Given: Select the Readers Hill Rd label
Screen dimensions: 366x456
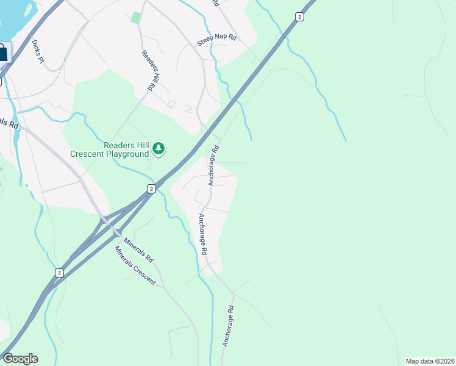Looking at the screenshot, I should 150,71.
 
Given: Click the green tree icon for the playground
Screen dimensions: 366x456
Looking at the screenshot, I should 159,148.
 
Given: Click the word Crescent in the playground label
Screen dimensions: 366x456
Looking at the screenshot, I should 87,154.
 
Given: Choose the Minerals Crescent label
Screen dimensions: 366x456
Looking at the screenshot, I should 135,266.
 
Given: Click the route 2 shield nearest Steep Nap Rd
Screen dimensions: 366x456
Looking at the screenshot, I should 299,16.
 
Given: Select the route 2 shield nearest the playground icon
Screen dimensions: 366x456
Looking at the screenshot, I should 151,189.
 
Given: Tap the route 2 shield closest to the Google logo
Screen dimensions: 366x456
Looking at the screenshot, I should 59,273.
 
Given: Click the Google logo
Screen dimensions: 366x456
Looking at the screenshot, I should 20,359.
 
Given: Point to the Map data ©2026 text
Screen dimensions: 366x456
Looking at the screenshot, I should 430,361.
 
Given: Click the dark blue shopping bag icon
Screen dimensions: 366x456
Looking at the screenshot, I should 3,52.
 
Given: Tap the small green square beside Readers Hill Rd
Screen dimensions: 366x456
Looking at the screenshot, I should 135,17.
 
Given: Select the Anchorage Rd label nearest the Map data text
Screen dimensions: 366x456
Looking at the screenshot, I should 227,326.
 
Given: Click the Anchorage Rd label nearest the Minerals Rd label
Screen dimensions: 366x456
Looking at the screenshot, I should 203,234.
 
